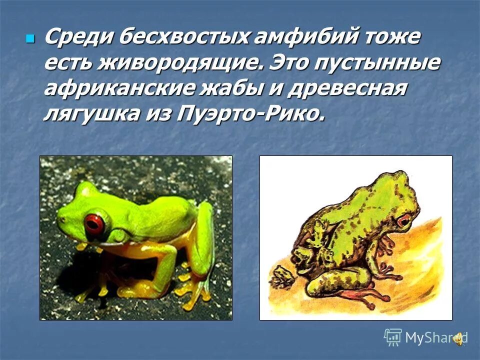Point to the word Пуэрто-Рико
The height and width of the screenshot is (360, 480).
250,115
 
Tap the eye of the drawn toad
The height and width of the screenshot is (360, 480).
403,219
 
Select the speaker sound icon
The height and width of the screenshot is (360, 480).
458,339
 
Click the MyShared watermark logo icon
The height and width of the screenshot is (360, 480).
393,337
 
